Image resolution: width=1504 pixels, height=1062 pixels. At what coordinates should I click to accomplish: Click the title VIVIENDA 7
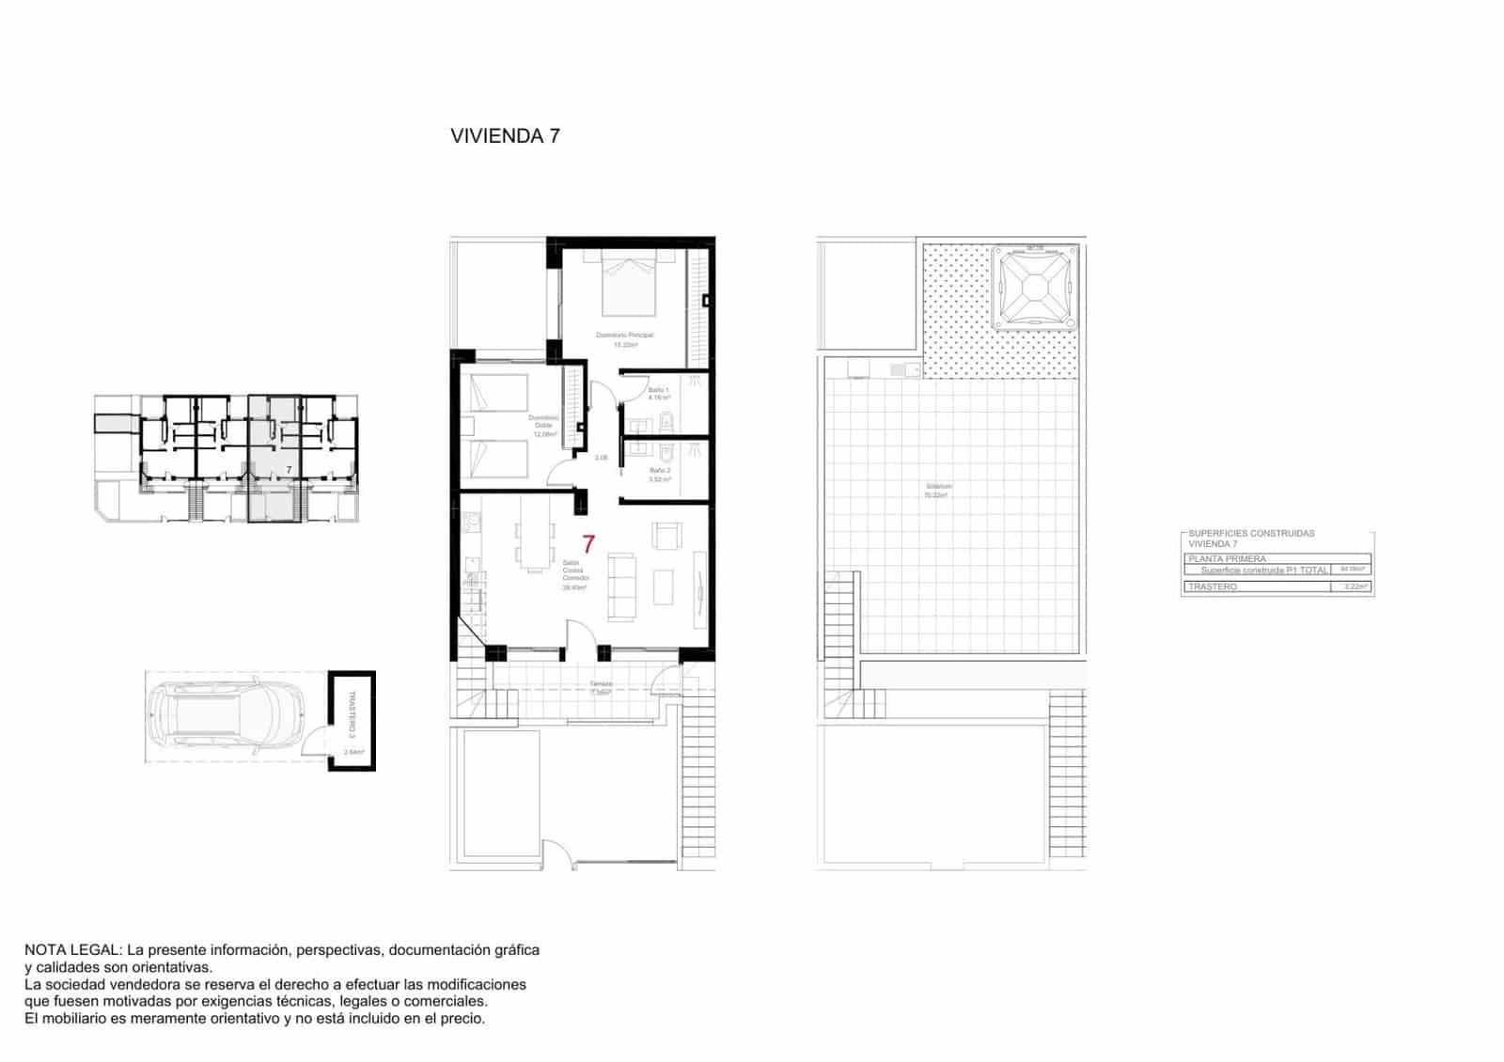pos(505,135)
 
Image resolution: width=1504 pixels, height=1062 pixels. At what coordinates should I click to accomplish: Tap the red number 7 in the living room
pos(588,543)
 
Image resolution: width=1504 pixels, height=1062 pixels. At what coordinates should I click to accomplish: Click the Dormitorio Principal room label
pos(624,336)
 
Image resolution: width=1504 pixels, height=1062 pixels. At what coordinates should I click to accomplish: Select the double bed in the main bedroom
pos(628,284)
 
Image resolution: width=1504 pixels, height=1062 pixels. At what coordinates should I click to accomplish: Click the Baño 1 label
pos(659,390)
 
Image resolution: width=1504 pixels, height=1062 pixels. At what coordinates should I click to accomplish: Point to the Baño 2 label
pos(660,471)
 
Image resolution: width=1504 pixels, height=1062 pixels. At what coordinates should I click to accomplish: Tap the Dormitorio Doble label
pos(542,422)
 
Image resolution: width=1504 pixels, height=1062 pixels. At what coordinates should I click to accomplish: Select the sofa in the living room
pos(621,587)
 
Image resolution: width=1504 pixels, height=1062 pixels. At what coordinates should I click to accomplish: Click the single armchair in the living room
pos(666,537)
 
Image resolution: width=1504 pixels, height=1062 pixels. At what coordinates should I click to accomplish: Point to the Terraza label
pos(601,684)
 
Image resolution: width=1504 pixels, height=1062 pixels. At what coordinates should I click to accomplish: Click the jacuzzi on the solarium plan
pos(1034,287)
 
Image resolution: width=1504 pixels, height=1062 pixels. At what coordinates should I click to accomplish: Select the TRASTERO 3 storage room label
pos(352,714)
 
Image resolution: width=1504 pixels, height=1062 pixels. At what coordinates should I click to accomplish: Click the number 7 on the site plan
pos(289,467)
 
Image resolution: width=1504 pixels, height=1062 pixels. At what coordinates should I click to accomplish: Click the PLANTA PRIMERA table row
pos(1227,558)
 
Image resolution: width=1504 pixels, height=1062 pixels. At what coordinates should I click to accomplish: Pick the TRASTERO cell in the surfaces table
pos(1213,586)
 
